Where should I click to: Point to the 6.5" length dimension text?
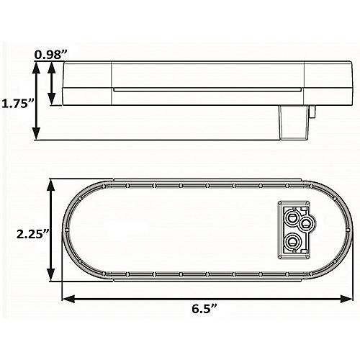coord(206,308)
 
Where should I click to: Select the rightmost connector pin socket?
coord(307,225)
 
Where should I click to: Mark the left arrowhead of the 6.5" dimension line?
coord(66,295)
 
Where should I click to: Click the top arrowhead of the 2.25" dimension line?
coord(51,185)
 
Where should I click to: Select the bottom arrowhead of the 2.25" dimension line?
coord(51,279)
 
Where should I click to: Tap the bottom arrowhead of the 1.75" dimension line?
coord(38,135)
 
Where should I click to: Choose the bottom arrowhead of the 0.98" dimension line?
coord(51,102)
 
